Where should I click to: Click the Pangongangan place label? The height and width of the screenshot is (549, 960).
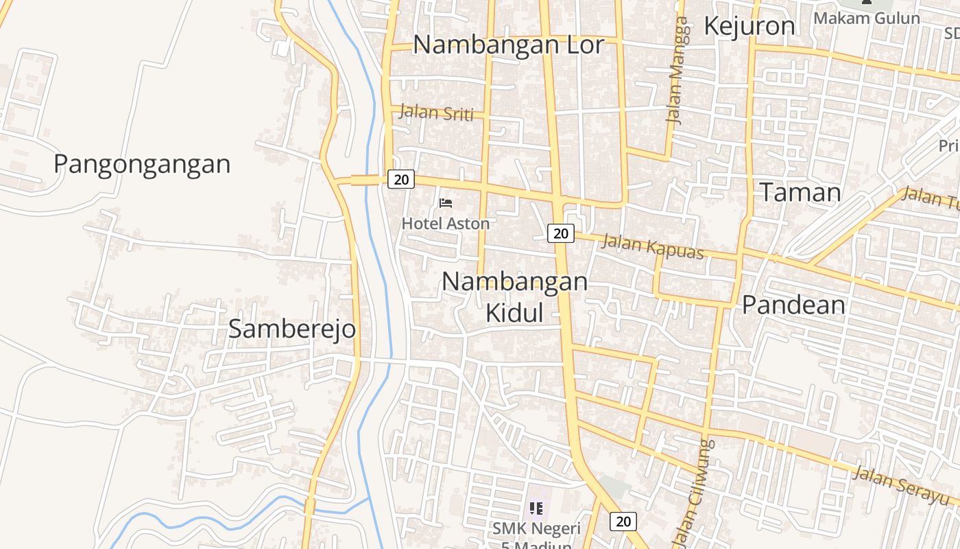(142, 164)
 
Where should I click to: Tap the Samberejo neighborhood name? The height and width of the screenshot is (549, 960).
(292, 329)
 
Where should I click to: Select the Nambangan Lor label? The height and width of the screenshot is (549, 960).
(509, 45)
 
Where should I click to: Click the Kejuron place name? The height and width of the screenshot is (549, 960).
(749, 26)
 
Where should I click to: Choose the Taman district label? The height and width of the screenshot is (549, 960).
(800, 192)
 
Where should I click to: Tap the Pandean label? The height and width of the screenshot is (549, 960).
(793, 305)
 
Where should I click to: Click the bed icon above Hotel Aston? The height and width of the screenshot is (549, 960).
(446, 203)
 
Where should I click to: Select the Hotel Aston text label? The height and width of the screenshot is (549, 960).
(446, 223)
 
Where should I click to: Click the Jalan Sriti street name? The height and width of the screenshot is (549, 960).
(436, 113)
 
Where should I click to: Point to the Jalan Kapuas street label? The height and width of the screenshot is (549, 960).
(653, 246)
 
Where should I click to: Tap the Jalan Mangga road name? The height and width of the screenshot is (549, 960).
(677, 70)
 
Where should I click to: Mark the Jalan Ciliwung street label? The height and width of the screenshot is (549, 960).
(694, 494)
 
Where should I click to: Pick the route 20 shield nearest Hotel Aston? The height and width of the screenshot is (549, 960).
(401, 180)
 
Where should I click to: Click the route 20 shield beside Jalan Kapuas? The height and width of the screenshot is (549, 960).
(561, 233)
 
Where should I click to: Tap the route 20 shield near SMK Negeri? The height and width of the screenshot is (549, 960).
(623, 522)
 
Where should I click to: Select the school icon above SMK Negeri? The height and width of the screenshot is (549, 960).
(536, 509)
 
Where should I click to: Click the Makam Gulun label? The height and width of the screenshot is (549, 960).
(867, 18)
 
